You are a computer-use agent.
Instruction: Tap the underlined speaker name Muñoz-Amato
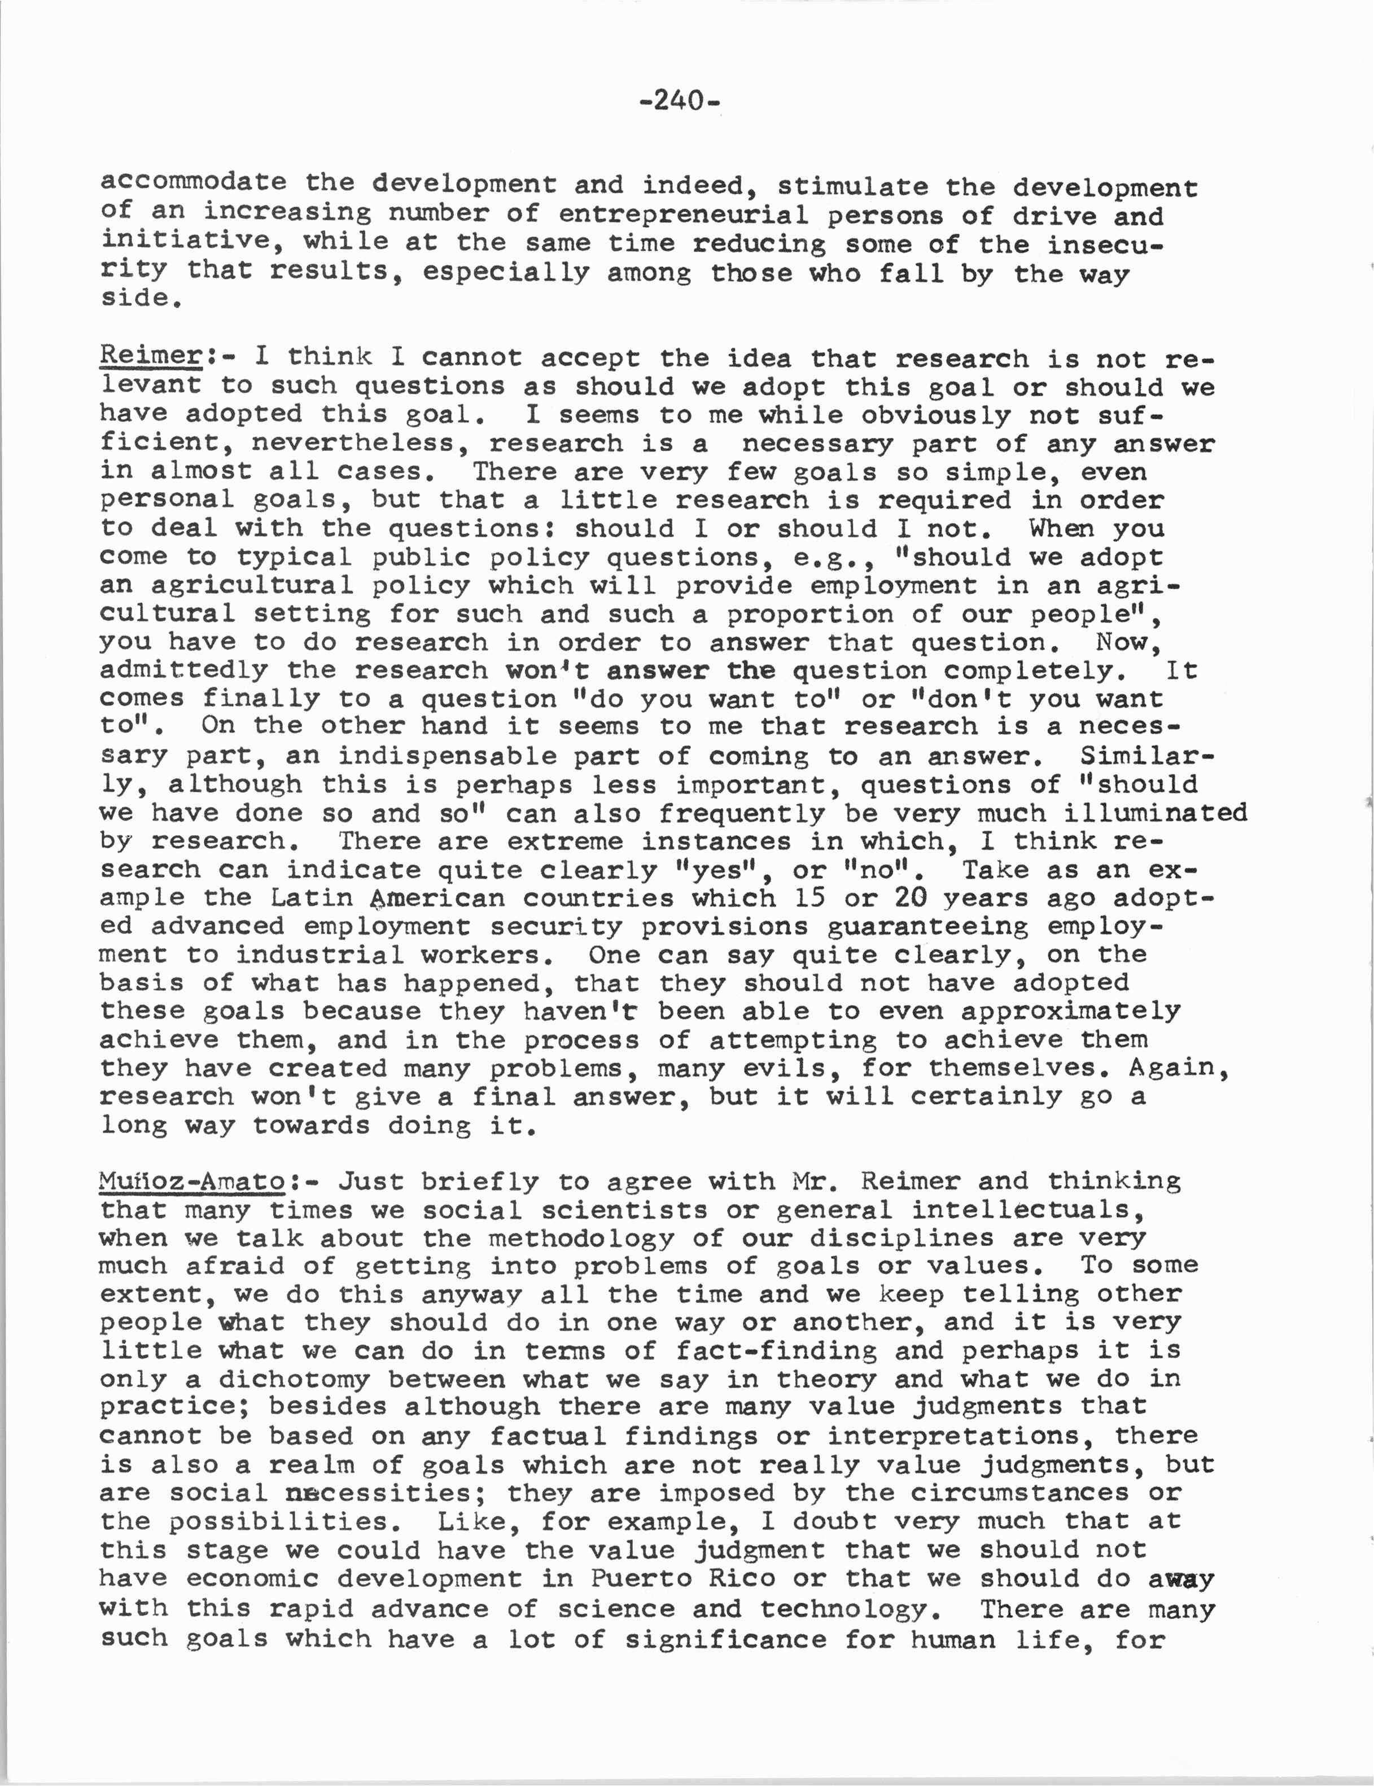click(x=192, y=1181)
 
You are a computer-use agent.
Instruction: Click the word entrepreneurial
click(x=684, y=214)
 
